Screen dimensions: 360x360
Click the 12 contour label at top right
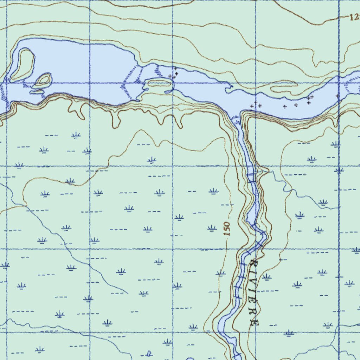click(354, 16)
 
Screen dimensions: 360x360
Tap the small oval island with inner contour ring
click(43, 80)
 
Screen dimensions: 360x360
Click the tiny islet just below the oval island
click(37, 91)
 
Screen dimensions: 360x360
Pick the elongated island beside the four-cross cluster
click(160, 83)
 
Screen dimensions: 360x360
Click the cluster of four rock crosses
click(173, 73)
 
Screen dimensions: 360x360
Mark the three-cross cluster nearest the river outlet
click(256, 104)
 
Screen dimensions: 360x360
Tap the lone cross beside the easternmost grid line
click(337, 96)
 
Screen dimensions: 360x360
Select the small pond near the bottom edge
click(149, 353)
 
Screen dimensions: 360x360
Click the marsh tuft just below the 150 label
click(220, 273)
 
